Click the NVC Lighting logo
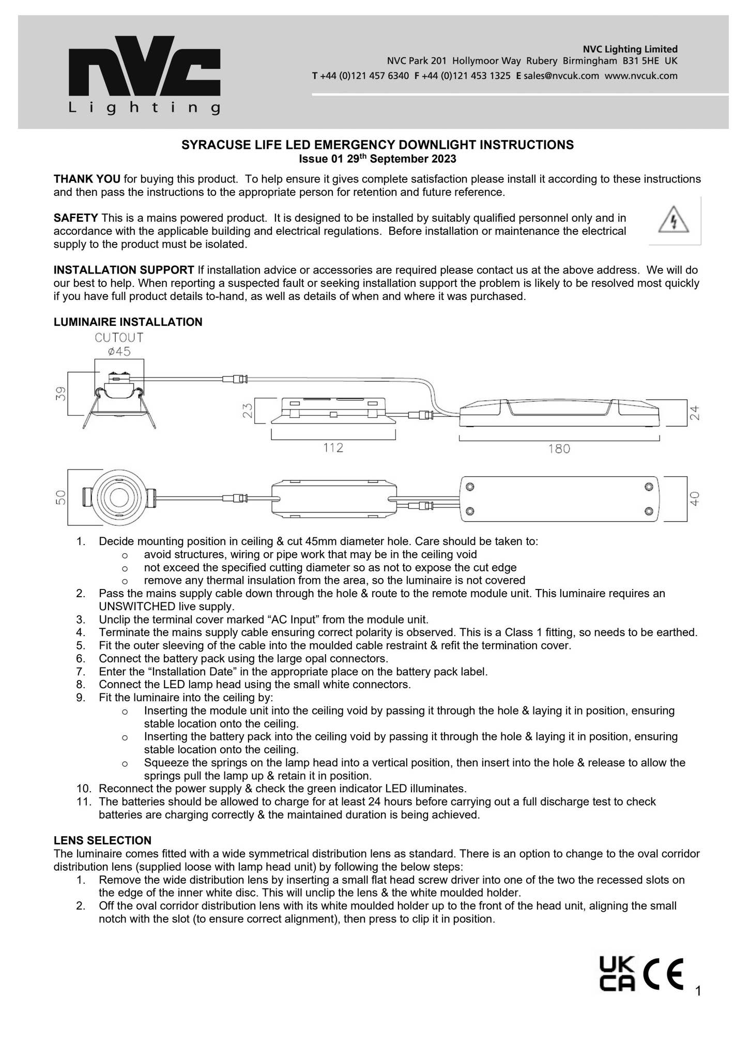coord(145,74)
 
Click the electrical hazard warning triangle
coord(674,220)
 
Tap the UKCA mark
coord(617,974)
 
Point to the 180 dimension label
coord(559,449)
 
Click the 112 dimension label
coord(333,448)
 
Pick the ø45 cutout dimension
coord(119,352)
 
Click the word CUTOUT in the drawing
coord(119,338)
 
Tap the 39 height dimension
coord(62,394)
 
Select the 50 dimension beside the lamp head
coord(61,497)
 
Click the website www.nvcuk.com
coord(641,76)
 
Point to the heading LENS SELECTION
coord(102,840)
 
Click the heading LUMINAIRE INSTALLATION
coord(128,322)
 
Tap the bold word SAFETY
coord(75,218)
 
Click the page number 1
coord(698,991)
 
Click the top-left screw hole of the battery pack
coord(470,487)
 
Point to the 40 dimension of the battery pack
coord(695,498)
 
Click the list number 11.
coord(84,801)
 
